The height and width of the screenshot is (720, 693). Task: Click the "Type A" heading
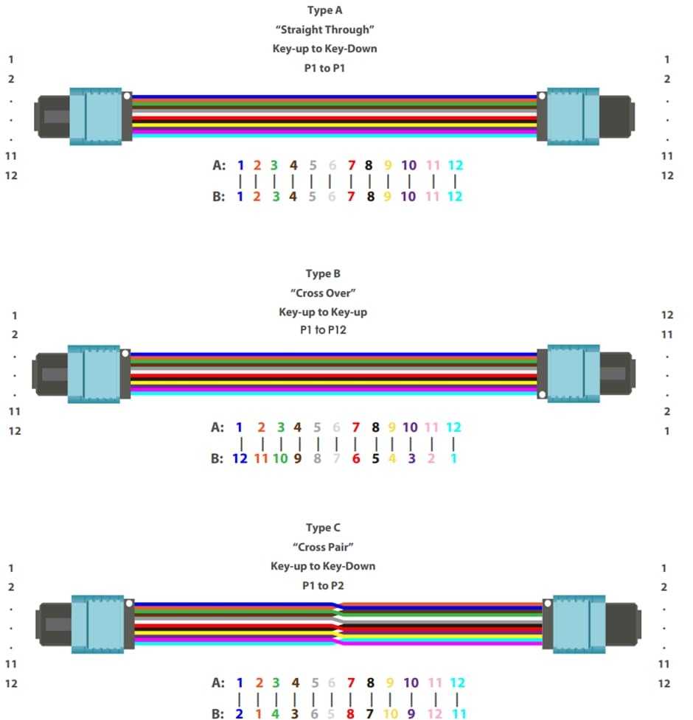(324, 10)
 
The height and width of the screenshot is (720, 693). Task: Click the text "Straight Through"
(324, 31)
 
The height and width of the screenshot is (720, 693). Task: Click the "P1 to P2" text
(323, 586)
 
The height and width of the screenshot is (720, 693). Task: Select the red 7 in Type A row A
(351, 165)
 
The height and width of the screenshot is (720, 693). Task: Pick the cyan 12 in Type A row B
(455, 197)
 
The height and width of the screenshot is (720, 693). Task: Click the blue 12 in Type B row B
(239, 458)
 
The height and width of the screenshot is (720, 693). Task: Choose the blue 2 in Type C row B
(239, 713)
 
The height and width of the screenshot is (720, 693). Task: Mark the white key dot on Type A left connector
(128, 96)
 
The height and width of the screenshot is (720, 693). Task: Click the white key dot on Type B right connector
(542, 395)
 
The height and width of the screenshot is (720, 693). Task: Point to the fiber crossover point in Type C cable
(337, 623)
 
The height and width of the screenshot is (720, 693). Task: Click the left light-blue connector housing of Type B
(94, 374)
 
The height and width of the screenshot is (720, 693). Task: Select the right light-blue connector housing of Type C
(579, 623)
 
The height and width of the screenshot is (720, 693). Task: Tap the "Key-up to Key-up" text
(323, 312)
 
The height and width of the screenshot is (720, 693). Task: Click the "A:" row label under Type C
(218, 683)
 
